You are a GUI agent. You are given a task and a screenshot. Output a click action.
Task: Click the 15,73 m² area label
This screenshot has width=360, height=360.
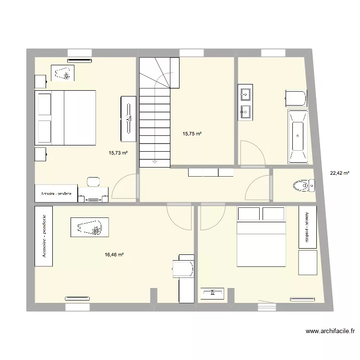(x=118, y=153)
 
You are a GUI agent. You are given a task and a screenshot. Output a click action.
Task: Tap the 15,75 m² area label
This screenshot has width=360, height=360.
(x=192, y=134)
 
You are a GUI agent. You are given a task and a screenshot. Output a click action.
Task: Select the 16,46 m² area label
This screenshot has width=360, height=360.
(x=114, y=255)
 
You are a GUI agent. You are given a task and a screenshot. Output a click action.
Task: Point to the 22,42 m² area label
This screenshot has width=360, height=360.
(x=339, y=173)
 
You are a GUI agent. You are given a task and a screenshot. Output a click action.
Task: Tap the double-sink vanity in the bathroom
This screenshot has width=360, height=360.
(x=246, y=102)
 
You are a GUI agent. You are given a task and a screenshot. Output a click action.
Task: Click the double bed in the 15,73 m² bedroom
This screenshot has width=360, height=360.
(x=65, y=118)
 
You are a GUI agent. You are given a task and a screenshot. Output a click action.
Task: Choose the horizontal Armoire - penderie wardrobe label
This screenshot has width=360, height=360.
(x=56, y=193)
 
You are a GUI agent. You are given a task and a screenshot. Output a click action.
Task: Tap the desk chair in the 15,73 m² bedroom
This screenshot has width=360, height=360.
(x=93, y=181)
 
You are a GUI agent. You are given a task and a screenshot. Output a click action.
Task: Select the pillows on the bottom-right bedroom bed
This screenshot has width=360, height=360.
(x=262, y=214)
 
